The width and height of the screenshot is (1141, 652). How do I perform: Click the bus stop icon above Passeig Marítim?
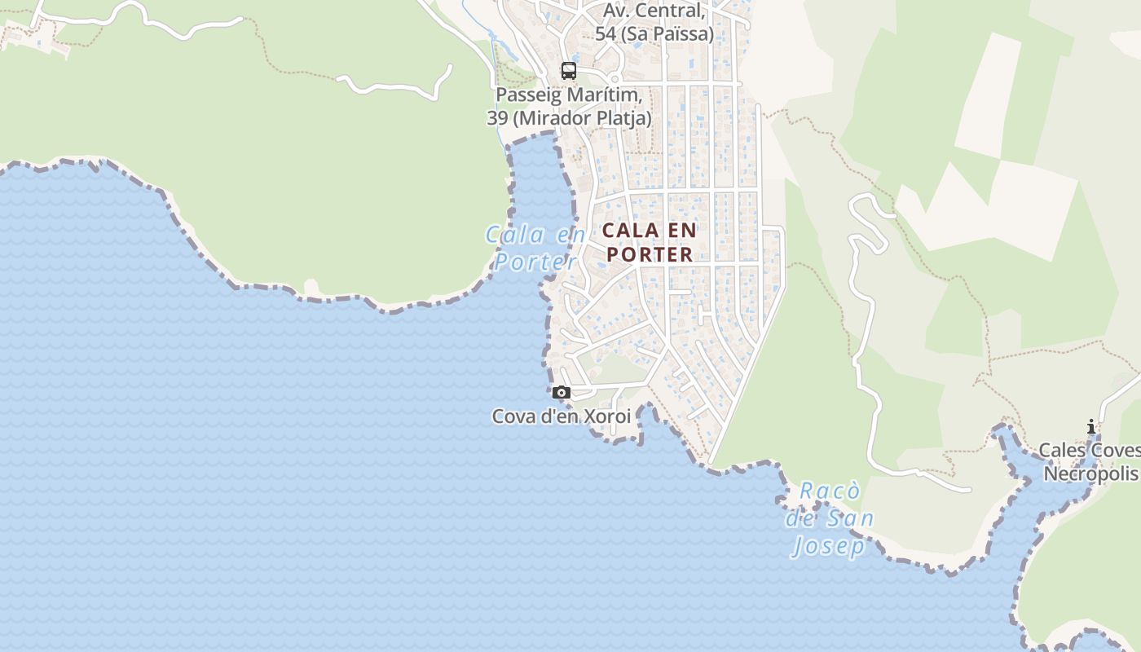coord(569,71)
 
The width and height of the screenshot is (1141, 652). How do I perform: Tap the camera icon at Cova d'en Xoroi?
coord(561,393)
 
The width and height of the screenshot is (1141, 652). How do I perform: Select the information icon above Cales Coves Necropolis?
coord(1091,426)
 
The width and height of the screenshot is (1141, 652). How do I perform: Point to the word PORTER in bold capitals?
coord(650,254)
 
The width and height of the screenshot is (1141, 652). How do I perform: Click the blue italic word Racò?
coord(830,491)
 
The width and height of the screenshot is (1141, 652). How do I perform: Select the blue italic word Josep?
coord(828,545)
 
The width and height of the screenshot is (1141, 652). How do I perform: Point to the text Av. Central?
coord(654,11)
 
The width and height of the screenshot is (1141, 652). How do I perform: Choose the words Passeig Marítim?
coord(569,95)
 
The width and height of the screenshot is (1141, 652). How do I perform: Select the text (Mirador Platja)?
coord(582,118)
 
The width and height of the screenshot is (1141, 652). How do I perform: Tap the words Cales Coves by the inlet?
coord(1089,451)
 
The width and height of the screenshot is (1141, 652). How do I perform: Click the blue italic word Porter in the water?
coord(535,262)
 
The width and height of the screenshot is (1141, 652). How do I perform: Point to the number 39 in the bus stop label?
coord(497,118)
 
